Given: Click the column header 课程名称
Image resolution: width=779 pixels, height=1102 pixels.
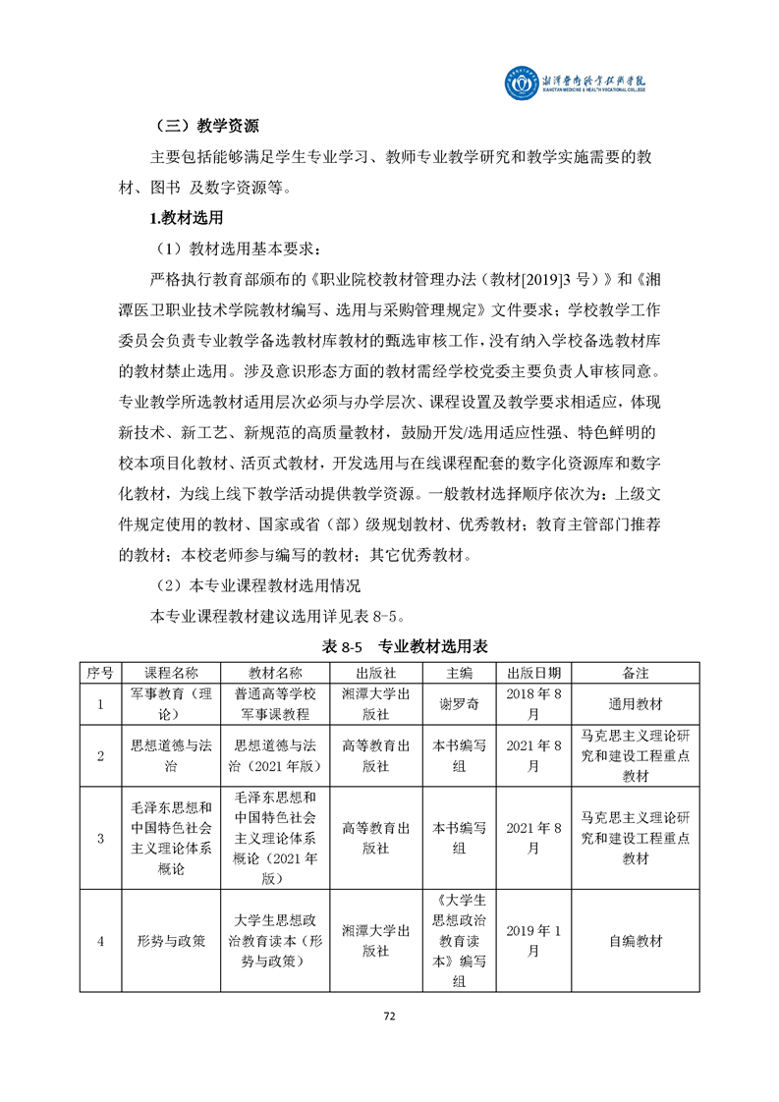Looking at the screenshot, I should (171, 673).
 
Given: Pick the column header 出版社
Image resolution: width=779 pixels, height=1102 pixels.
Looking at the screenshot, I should (375, 673).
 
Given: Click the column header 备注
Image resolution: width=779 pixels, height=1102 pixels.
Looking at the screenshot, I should (635, 673).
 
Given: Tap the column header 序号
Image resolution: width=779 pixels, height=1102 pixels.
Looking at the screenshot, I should (100, 673).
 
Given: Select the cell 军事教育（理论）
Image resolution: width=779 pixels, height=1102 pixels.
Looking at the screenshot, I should (171, 704).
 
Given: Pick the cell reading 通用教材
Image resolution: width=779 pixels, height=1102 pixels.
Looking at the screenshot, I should (635, 704).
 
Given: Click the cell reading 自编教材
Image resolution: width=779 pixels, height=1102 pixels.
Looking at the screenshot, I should (635, 941).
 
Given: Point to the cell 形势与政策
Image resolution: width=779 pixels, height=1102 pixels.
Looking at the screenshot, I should (171, 941).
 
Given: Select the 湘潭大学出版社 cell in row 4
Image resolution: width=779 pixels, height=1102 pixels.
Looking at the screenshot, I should (375, 941).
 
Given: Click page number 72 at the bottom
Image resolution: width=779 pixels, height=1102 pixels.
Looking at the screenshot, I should (389, 1017).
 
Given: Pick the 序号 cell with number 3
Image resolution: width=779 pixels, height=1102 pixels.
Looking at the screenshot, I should (100, 838).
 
